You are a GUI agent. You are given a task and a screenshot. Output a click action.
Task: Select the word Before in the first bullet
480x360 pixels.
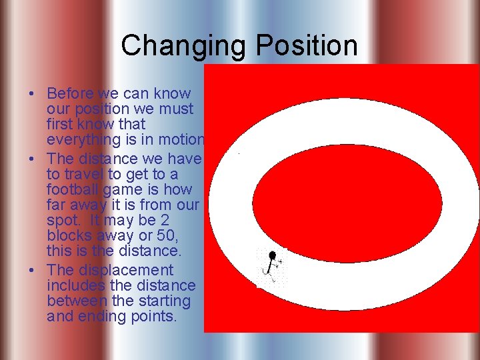[71, 94]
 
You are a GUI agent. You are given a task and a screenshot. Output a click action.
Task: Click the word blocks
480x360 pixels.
[67, 236]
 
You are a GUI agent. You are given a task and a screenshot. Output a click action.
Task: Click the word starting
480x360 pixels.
[165, 301]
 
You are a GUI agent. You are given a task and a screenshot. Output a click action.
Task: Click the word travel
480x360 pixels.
[85, 174]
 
